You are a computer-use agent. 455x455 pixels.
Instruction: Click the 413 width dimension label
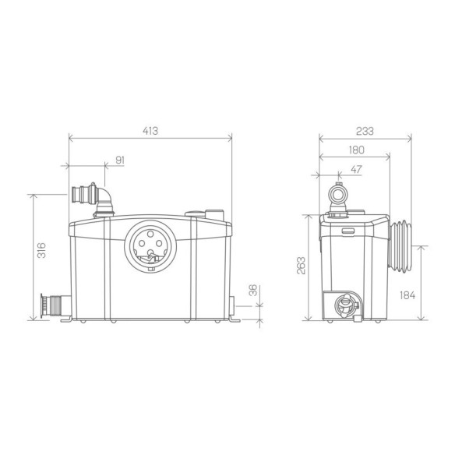[x=150, y=131]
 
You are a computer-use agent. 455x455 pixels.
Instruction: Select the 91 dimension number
[x=120, y=160]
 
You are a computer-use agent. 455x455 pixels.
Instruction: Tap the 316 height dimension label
[x=42, y=250]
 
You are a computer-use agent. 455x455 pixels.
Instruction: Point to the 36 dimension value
[x=253, y=290]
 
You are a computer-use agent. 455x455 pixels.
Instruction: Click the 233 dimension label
[x=365, y=131]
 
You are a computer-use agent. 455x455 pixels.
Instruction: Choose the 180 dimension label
[x=356, y=150]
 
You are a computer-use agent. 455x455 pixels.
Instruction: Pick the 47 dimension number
[x=356, y=169]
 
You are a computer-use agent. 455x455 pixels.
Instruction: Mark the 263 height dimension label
[x=301, y=266]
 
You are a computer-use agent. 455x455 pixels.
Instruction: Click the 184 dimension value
[x=407, y=295]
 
